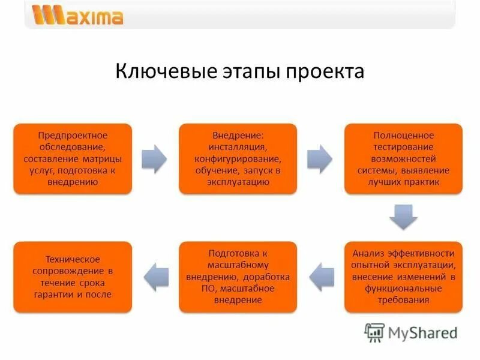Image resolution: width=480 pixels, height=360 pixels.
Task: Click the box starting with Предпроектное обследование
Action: pyautogui.click(x=73, y=158)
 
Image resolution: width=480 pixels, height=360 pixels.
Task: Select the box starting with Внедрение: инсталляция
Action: pyautogui.click(x=238, y=158)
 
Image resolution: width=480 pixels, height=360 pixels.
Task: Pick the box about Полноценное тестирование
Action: pyautogui.click(x=403, y=158)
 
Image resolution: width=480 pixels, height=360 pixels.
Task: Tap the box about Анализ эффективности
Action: pyautogui.click(x=403, y=277)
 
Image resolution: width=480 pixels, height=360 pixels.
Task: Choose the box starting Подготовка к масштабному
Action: pyautogui.click(x=238, y=277)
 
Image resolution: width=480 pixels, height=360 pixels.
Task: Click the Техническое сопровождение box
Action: pyautogui.click(x=73, y=277)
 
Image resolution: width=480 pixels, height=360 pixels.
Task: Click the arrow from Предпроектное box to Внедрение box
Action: pyautogui.click(x=155, y=158)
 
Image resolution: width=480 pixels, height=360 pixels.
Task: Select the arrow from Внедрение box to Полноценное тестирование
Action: pyautogui.click(x=320, y=158)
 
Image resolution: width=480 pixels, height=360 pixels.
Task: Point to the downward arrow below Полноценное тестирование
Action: pyautogui.click(x=403, y=217)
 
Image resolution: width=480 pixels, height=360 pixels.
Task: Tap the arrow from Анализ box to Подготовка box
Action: pyautogui.click(x=320, y=277)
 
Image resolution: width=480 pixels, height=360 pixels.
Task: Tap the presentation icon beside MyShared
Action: pyautogui.click(x=374, y=332)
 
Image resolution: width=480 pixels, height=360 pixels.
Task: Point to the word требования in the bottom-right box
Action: pyautogui.click(x=403, y=301)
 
